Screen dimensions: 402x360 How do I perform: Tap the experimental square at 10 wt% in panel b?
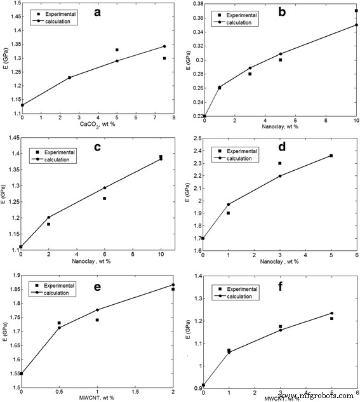(356, 11)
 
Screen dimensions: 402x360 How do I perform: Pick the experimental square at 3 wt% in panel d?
(279, 163)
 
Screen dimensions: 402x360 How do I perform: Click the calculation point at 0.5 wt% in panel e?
(59, 328)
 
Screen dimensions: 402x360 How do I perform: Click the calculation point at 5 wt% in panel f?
(331, 313)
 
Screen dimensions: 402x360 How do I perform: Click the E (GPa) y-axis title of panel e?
(5, 326)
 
